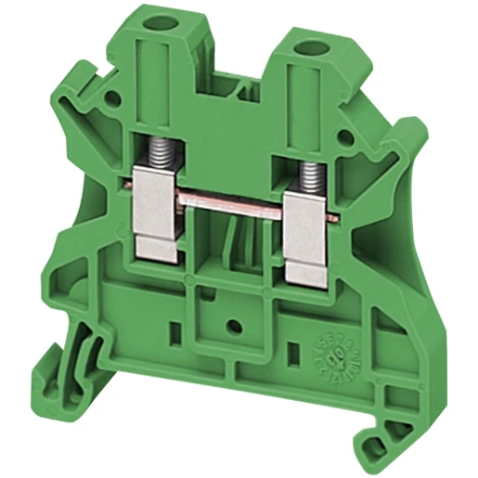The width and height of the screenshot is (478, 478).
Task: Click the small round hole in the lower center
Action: point(234,326)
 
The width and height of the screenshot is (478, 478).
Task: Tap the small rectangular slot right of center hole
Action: point(295,354)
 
